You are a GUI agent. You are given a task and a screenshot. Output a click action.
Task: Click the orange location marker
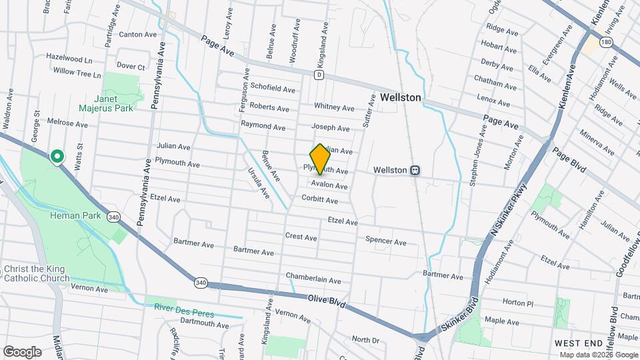coord(321,159)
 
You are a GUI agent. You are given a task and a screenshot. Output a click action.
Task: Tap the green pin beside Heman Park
coord(57,157)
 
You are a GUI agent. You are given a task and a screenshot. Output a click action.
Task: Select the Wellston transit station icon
coord(415,170)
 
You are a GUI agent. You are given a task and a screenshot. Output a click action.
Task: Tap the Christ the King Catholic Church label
coord(36,273)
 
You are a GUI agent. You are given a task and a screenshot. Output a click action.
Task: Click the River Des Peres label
coord(182,307)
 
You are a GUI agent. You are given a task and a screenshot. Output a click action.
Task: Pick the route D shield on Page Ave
coord(319,75)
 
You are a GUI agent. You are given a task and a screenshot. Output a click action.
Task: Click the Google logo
coord(22,352)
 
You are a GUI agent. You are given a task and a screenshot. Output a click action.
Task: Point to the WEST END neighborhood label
coord(579,342)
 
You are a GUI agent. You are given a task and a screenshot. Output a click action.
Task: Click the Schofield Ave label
coord(273,88)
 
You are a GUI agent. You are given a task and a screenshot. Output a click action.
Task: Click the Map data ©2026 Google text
coord(599,355)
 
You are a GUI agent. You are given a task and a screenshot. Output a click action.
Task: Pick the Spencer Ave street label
coord(385,242)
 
